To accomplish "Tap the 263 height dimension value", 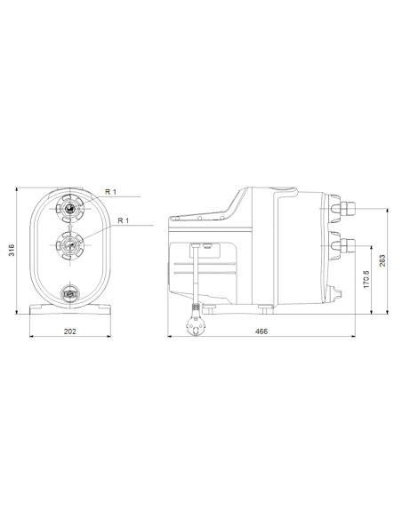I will pyautogui.click(x=382, y=259).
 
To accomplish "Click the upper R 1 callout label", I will pyautogui.click(x=110, y=192).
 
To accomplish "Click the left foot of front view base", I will pyautogui.click(x=41, y=310).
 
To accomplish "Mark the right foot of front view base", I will pyautogui.click(x=105, y=310).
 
